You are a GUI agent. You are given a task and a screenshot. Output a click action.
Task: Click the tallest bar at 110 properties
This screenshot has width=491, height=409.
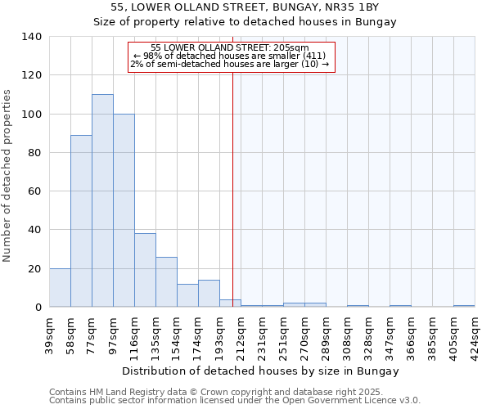102,200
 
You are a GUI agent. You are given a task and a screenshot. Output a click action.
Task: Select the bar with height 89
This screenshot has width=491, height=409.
81,221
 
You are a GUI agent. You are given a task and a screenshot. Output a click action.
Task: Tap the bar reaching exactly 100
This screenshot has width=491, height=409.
124,210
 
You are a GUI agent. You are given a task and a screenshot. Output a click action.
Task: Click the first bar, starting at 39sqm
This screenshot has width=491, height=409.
60,288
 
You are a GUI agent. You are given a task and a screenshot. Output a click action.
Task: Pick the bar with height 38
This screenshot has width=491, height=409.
145,270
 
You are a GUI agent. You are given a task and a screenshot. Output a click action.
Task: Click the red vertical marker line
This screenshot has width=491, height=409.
232,188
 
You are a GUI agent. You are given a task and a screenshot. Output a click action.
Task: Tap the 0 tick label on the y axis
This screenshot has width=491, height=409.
38,308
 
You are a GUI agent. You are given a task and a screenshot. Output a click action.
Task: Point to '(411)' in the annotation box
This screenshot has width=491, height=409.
314,56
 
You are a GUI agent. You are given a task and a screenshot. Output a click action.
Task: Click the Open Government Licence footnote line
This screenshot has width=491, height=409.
235,400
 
